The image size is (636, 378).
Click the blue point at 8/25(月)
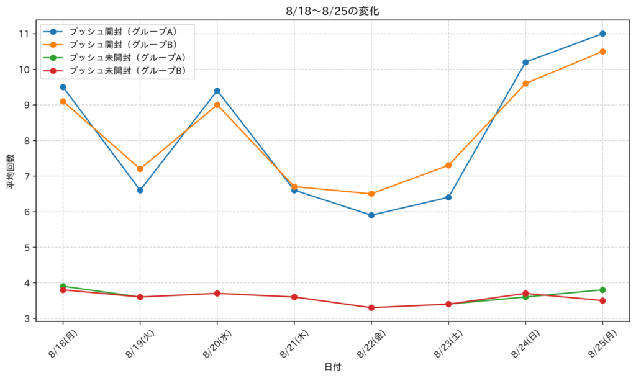click(x=602, y=34)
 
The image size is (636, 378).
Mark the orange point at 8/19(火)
click(x=140, y=169)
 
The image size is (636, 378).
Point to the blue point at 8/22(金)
click(x=371, y=215)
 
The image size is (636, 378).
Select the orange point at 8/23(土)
click(x=448, y=165)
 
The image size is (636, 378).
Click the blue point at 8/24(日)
click(x=525, y=62)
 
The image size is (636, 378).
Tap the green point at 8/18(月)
click(x=63, y=286)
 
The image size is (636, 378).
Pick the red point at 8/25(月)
click(x=602, y=300)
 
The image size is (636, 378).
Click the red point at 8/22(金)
click(x=371, y=308)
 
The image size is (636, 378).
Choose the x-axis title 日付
click(x=333, y=367)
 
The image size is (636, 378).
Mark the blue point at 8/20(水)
click(x=217, y=91)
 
